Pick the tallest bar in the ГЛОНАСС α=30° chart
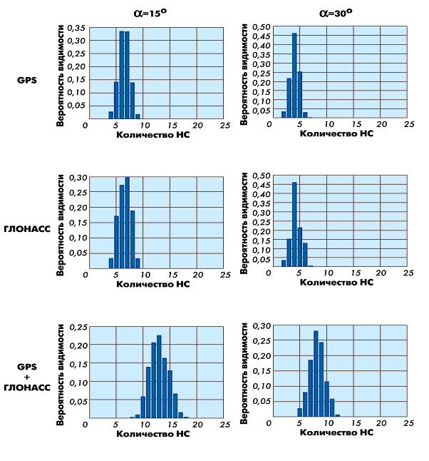pyautogui.click(x=294, y=224)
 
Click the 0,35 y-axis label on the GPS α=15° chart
pyautogui.click(x=76, y=28)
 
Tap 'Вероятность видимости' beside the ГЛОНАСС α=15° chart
pyautogui.click(x=61, y=221)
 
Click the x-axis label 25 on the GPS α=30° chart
pyautogui.click(x=409, y=123)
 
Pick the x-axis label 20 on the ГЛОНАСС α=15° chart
pyautogui.click(x=197, y=273)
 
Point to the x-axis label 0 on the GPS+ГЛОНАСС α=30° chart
pyautogui.click(x=269, y=423)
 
